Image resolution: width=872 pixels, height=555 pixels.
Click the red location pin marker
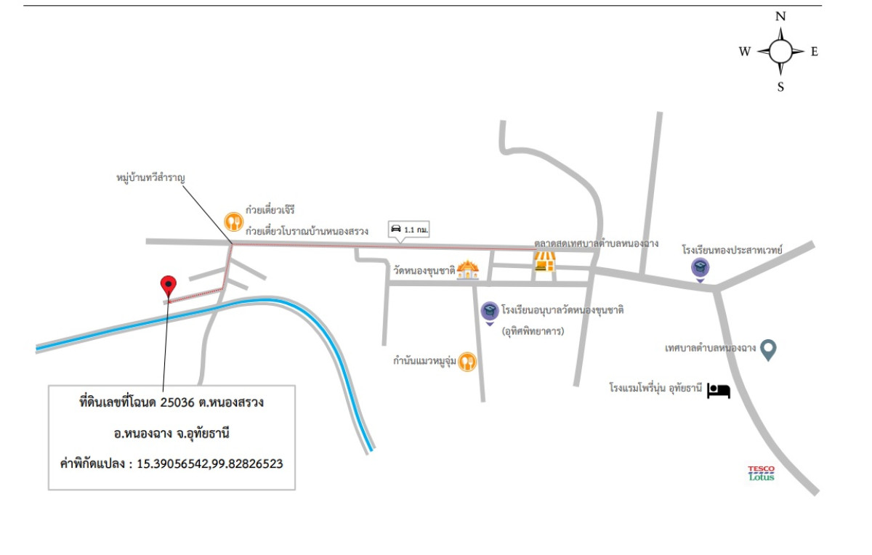[x=169, y=285]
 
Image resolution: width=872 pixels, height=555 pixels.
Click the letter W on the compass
[x=745, y=52]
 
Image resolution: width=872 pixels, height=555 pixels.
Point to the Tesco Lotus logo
[x=762, y=473]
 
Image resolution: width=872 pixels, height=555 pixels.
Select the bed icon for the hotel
[x=719, y=391]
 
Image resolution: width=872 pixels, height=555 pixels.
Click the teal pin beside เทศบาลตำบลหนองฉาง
[x=769, y=349]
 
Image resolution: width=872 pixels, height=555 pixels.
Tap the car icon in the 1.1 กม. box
[x=396, y=229]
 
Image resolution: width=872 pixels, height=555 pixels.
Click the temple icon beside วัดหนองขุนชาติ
[x=469, y=270]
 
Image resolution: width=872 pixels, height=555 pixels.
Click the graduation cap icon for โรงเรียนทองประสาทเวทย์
[x=700, y=269]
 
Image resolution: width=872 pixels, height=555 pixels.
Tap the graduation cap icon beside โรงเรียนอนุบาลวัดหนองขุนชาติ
[x=490, y=312]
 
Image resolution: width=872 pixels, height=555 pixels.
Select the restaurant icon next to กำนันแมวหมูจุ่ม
[x=467, y=361]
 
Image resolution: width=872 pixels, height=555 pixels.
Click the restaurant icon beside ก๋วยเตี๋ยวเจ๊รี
[x=233, y=220]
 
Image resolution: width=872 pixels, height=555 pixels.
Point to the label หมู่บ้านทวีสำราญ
[x=151, y=177]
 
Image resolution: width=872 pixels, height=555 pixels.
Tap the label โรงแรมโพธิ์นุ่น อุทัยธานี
[x=656, y=389]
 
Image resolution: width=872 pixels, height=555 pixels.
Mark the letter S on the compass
[x=781, y=87]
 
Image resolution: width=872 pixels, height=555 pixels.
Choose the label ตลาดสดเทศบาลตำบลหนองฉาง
[x=596, y=243]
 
